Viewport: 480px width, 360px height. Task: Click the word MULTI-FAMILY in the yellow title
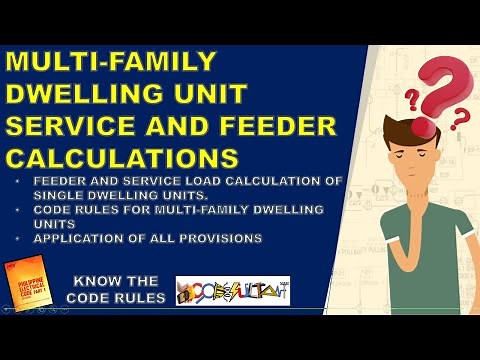pyautogui.click(x=111, y=63)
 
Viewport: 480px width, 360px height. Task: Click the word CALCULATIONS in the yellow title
pyautogui.click(x=123, y=159)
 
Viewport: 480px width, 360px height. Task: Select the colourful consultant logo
pyautogui.click(x=232, y=291)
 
